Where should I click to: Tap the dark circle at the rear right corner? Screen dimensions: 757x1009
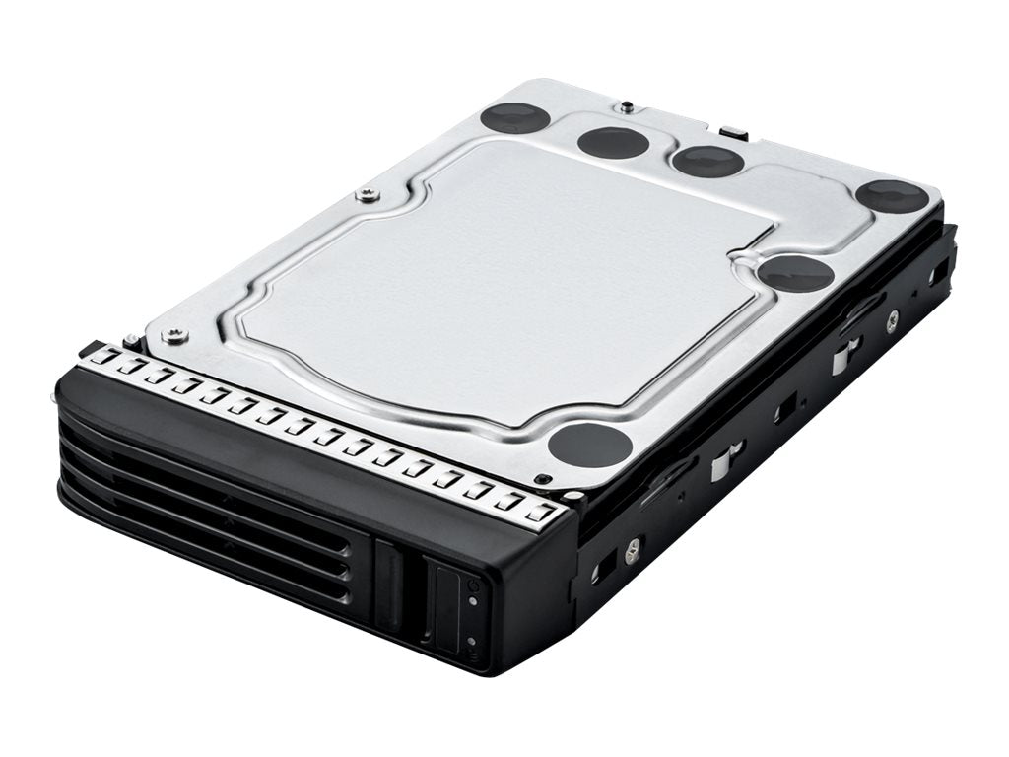point(891,196)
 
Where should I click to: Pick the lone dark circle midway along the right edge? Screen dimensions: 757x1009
point(796,273)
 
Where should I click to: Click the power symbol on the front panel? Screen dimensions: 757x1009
point(474,585)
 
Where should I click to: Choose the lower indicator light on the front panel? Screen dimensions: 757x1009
point(474,641)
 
